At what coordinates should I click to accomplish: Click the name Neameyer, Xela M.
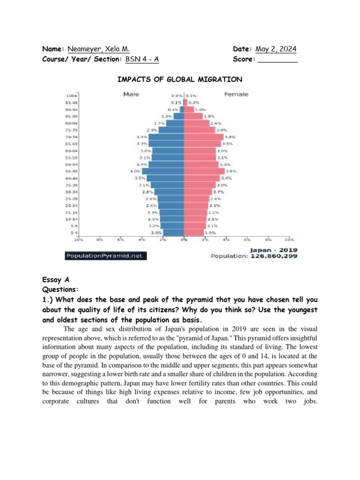click(x=98, y=49)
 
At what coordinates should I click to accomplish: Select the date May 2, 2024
click(x=276, y=49)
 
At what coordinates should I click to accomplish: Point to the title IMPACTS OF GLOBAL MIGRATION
click(x=180, y=79)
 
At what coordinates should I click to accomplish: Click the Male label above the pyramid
click(x=131, y=94)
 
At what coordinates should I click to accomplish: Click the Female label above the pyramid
click(x=236, y=94)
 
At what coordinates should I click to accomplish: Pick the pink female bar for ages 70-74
click(x=204, y=137)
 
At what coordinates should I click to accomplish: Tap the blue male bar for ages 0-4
click(x=173, y=232)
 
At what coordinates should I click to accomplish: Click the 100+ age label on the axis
click(x=71, y=96)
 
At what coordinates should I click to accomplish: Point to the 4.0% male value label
click(x=135, y=172)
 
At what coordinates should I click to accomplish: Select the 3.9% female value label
click(x=232, y=172)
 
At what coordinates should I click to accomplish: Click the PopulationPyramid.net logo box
click(x=105, y=256)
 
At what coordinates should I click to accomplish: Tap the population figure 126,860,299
click(x=274, y=256)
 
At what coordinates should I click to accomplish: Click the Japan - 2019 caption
click(x=274, y=250)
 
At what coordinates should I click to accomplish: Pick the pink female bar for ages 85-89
click(x=194, y=116)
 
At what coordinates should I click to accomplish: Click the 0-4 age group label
click(x=74, y=232)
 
